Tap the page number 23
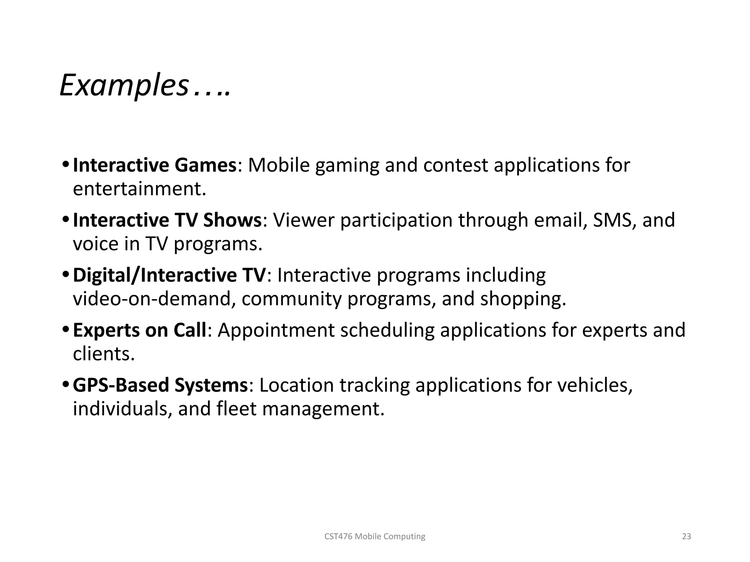686,536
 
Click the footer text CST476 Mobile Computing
375,536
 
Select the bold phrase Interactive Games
155,165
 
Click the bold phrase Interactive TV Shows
167,220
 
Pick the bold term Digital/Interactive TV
169,275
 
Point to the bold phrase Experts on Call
140,330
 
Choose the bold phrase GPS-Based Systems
160,385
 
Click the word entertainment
139,189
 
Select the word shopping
523,299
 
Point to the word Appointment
276,330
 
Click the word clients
104,354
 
